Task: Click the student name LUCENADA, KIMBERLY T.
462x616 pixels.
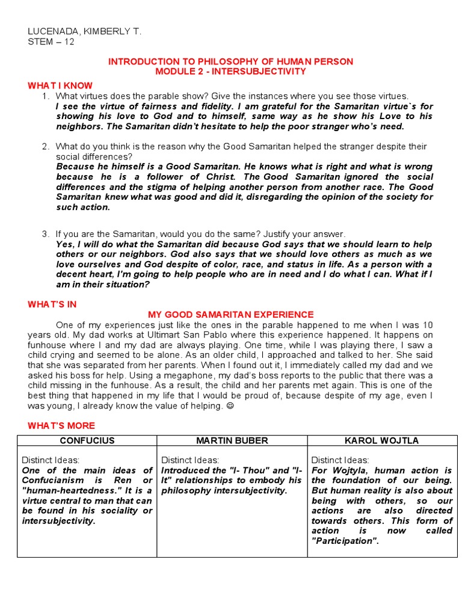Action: click(x=85, y=32)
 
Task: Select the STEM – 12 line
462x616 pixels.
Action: click(x=51, y=42)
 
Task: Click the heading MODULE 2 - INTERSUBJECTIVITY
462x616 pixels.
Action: click(x=230, y=72)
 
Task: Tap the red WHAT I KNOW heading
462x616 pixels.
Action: click(x=60, y=86)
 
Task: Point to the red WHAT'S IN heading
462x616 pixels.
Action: click(x=52, y=304)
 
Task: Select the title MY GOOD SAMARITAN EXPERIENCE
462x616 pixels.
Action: click(x=230, y=315)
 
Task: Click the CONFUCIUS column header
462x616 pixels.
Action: click(x=87, y=441)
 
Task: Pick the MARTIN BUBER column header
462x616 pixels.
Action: click(x=232, y=441)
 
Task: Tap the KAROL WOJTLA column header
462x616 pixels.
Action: click(x=382, y=441)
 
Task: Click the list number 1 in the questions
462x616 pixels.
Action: click(x=45, y=96)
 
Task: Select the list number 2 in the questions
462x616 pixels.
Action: click(x=45, y=146)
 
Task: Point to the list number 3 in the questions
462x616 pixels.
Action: click(x=45, y=234)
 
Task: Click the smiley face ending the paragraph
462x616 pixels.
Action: click(x=229, y=406)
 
